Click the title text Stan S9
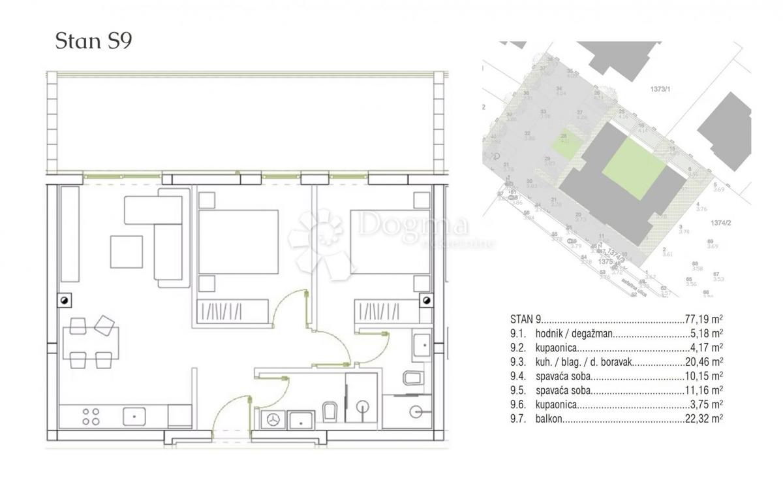coord(95,42)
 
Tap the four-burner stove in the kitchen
coord(91,416)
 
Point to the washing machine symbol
coord(273,419)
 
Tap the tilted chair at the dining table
coord(104,323)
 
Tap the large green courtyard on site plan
coord(633,167)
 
